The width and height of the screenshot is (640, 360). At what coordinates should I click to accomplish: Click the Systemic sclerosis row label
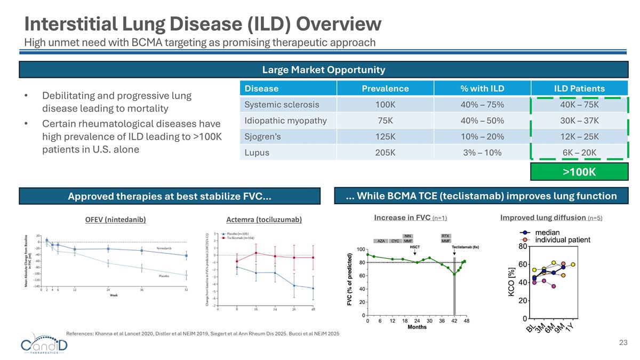pyautogui.click(x=282, y=105)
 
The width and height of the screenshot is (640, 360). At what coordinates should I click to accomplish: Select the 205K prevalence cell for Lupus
pyautogui.click(x=385, y=152)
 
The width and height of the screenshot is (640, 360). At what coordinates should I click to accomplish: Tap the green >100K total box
pyautogui.click(x=579, y=172)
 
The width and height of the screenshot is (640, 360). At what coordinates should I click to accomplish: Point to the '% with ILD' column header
pyautogui.click(x=482, y=89)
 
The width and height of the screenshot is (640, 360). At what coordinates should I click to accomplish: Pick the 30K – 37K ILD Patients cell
pyautogui.click(x=579, y=121)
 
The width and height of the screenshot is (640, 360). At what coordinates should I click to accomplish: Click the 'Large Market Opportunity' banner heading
pyautogui.click(x=323, y=70)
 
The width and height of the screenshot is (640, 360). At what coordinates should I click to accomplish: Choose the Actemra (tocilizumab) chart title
pyautogui.click(x=264, y=220)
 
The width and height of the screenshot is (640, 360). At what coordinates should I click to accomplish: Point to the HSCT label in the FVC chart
pyautogui.click(x=414, y=247)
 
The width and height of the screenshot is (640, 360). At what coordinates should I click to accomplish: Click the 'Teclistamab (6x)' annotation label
pyautogui.click(x=466, y=247)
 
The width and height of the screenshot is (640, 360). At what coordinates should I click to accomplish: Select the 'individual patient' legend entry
pyautogui.click(x=562, y=240)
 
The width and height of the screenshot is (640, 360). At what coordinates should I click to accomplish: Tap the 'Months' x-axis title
pyautogui.click(x=417, y=327)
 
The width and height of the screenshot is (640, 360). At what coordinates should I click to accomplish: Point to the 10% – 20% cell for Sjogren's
pyautogui.click(x=482, y=137)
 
